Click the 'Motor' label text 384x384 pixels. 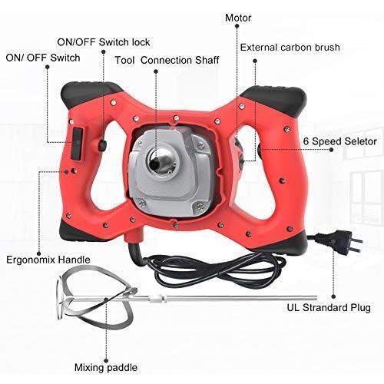click(238, 18)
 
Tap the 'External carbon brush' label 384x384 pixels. click(290, 48)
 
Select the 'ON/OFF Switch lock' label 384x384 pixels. click(104, 42)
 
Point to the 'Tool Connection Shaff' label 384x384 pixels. click(167, 60)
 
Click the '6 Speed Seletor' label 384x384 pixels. click(340, 141)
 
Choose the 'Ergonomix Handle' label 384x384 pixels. click(48, 260)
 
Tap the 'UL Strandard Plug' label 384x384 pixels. click(329, 307)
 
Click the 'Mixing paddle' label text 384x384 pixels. click(106, 368)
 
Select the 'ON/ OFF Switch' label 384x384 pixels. click(43, 58)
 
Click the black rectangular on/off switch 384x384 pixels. click(77, 144)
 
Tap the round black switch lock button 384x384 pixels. click(102, 145)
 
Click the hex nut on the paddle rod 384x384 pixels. click(162, 298)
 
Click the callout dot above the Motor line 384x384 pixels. click(237, 26)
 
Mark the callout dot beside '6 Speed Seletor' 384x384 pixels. click(332, 150)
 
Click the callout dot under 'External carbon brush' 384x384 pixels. click(255, 61)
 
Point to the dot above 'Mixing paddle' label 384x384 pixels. click(106, 361)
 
